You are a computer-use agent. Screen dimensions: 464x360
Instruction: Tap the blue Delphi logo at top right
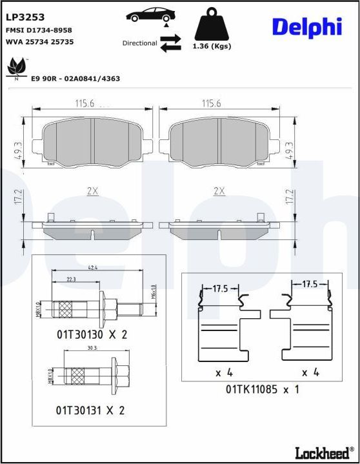[x=306, y=26]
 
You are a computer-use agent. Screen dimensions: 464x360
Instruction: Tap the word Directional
[x=139, y=43]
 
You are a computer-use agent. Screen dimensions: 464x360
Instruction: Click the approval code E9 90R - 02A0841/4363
[x=75, y=79]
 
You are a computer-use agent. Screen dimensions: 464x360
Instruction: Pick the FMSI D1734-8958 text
[x=39, y=30]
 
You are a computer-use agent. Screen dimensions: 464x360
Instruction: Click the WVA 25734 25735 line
[x=39, y=41]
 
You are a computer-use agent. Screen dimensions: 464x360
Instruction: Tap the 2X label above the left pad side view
[x=92, y=191]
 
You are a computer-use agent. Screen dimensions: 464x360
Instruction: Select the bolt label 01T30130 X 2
[x=92, y=334]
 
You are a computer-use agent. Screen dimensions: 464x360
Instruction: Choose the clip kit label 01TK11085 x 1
[x=262, y=389]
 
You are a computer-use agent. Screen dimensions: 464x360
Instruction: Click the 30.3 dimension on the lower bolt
[x=92, y=348]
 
